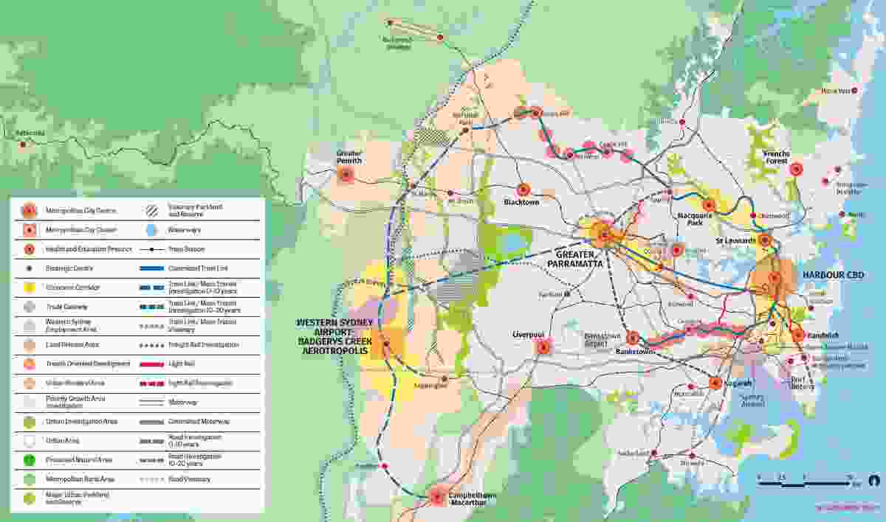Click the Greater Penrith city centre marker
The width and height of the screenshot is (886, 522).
(346, 175)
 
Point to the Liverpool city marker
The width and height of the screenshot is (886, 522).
(544, 347)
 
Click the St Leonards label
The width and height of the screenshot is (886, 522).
(735, 241)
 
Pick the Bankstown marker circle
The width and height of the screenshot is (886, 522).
(633, 338)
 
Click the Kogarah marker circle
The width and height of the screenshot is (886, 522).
(715, 383)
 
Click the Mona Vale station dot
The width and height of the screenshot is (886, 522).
(855, 91)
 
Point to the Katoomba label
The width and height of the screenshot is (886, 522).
(30, 133)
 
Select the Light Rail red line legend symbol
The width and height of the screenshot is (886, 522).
(155, 364)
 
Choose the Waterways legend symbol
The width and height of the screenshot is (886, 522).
(151, 230)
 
